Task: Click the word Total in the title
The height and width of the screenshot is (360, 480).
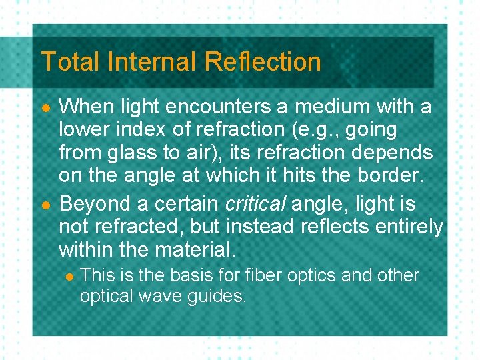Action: (68, 62)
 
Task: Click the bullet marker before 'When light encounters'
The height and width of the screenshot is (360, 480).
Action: (45, 107)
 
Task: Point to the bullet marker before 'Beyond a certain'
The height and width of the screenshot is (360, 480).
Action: (45, 204)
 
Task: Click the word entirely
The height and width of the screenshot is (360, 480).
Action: (409, 227)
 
